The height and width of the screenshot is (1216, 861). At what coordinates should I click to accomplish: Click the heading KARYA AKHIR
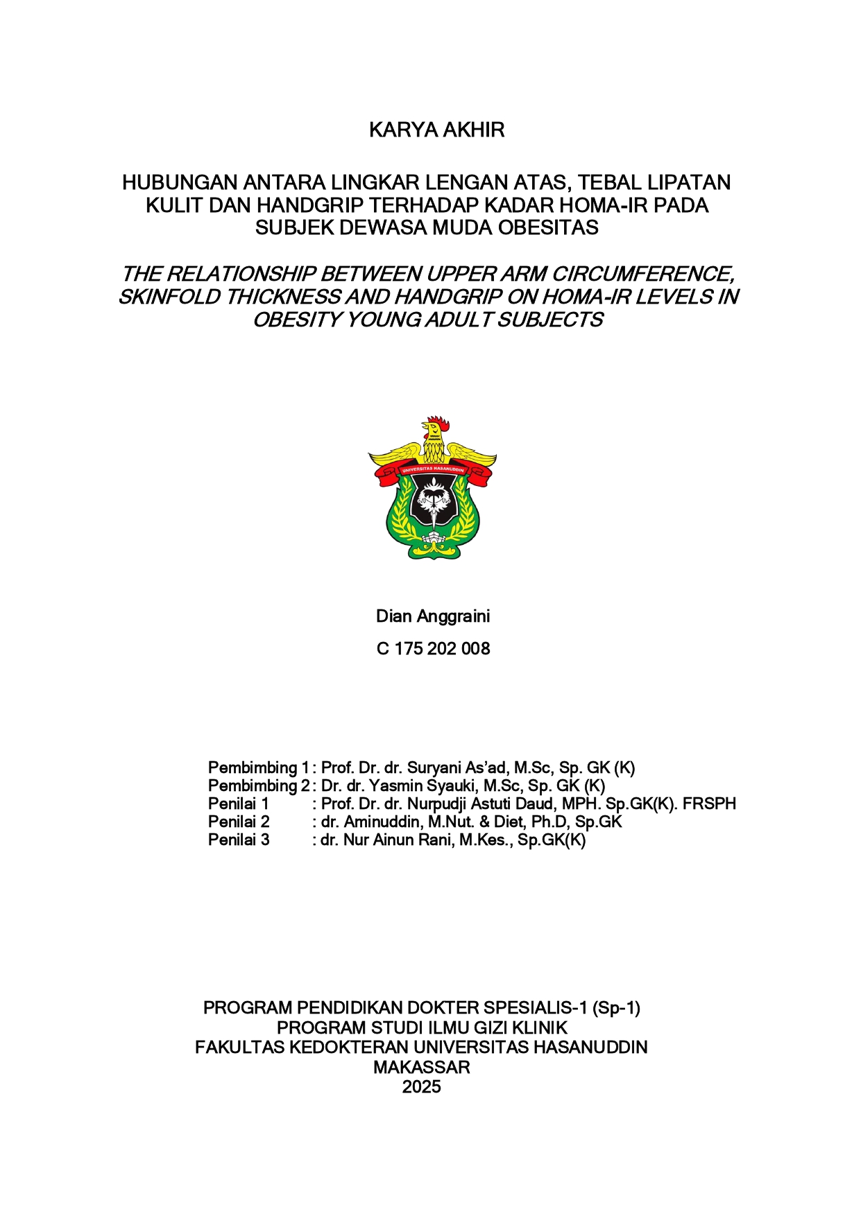(x=436, y=130)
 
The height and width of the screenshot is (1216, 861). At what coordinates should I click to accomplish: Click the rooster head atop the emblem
(x=434, y=429)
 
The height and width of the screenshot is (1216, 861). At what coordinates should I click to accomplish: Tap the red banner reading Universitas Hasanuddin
(x=433, y=471)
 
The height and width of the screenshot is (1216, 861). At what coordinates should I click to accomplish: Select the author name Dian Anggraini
(x=433, y=616)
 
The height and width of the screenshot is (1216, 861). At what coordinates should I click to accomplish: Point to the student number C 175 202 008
(x=433, y=649)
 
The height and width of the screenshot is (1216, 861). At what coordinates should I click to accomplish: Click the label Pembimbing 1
(x=258, y=768)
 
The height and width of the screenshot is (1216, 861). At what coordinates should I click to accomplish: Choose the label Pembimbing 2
(x=258, y=786)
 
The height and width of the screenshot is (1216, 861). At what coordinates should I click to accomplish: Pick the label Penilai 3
(x=239, y=840)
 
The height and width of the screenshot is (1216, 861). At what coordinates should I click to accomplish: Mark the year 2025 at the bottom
(x=421, y=1087)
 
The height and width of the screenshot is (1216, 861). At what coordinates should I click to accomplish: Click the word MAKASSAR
(x=421, y=1068)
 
